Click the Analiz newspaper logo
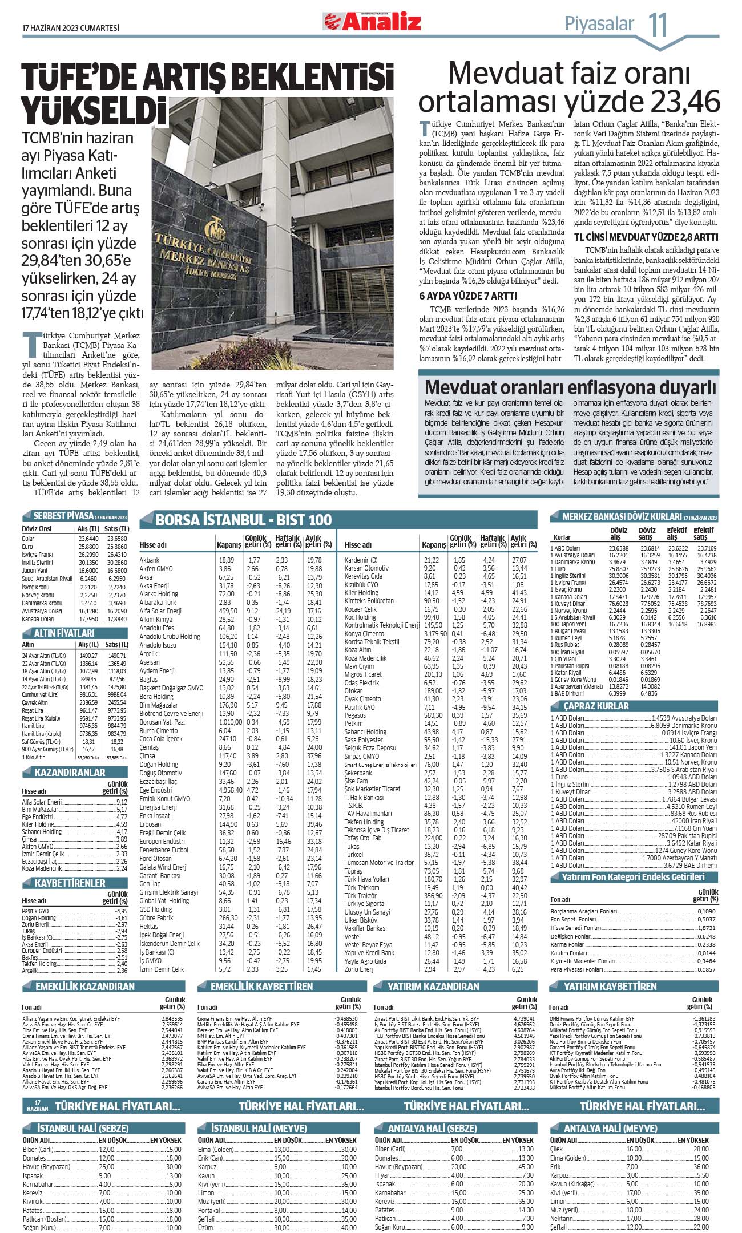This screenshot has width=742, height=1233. (x=373, y=22)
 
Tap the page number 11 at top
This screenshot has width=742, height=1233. (x=657, y=25)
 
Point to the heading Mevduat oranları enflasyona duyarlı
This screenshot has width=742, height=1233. (x=570, y=387)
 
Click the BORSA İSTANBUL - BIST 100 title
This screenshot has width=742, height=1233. (x=244, y=520)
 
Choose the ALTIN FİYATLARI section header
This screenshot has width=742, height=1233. (x=64, y=633)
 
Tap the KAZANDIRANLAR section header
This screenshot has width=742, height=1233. (x=70, y=773)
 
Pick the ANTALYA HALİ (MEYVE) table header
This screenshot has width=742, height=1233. (x=611, y=1129)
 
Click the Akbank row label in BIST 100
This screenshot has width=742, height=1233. (x=150, y=560)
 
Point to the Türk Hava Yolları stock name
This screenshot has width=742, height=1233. (x=366, y=879)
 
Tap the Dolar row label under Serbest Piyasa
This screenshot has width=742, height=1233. (x=28, y=539)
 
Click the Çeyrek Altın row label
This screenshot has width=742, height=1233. (x=35, y=703)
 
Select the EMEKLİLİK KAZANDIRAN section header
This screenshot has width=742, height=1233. (x=85, y=986)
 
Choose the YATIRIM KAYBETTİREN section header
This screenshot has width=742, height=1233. (x=610, y=986)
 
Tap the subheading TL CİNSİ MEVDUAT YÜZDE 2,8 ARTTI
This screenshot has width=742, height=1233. (x=646, y=237)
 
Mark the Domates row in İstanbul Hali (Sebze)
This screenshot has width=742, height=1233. (x=34, y=1158)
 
